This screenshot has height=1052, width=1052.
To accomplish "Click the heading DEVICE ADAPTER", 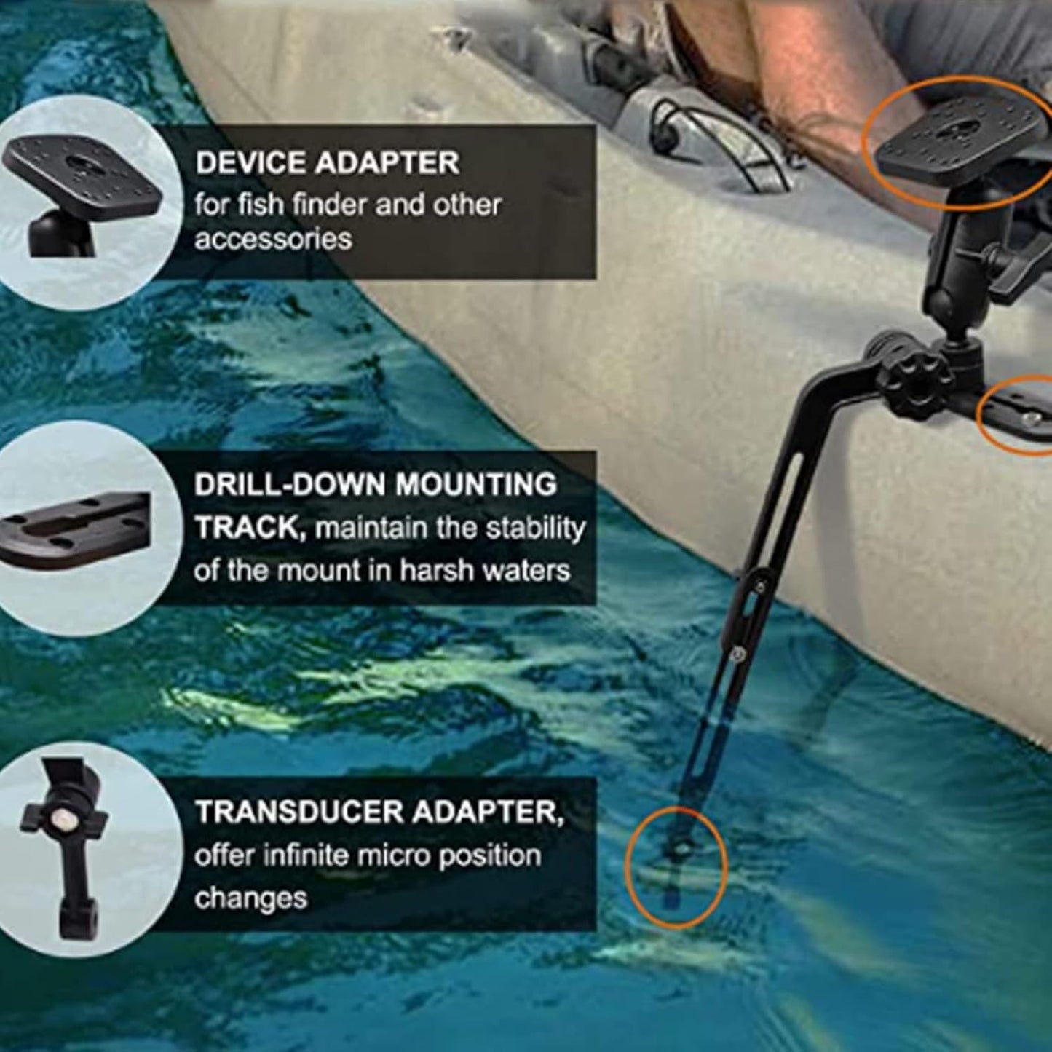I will coord(327,163).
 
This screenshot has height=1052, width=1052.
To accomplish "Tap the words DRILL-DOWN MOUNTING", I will coord(375,485).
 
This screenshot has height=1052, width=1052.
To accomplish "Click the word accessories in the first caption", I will coord(273,240).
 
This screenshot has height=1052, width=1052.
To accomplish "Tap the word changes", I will coord(250,898).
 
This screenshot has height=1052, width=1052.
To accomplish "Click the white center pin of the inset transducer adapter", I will coord(63,820).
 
